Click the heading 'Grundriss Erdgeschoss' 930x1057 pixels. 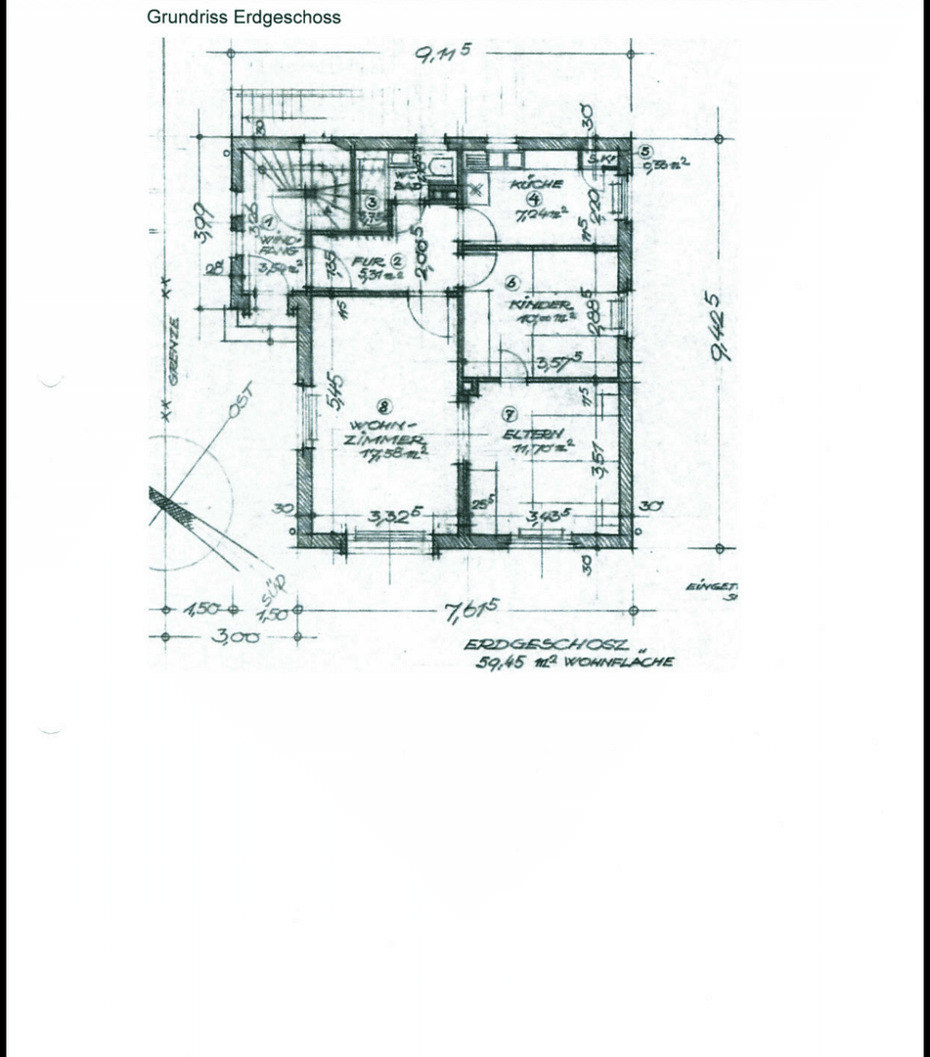point(244,17)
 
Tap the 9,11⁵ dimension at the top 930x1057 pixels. point(443,53)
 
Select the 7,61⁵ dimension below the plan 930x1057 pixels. point(471,612)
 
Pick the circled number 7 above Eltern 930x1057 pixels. point(509,415)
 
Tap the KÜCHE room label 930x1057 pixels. point(537,184)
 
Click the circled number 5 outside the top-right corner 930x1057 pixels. point(644,152)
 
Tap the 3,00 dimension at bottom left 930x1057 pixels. point(235,637)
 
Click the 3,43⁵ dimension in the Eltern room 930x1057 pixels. point(548,516)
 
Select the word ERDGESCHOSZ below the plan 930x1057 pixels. point(546,646)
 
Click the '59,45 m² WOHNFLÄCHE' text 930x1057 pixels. point(574,663)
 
